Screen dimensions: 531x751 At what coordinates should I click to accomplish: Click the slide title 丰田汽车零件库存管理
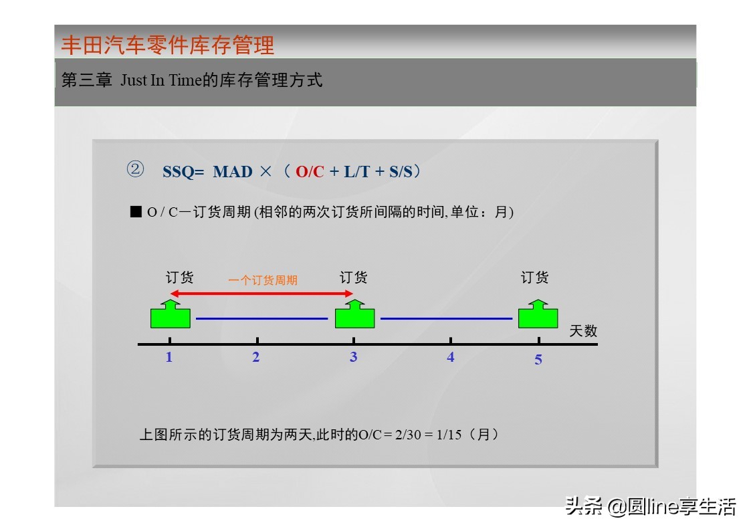tap(168, 45)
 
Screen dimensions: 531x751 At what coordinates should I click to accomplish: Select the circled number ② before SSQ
tap(135, 170)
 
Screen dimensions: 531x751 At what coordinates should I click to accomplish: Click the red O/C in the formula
tap(309, 172)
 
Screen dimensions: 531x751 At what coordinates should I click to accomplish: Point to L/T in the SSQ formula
tap(356, 172)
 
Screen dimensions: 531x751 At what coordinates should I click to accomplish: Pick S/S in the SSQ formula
tap(400, 172)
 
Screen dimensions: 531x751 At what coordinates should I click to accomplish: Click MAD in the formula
tap(233, 172)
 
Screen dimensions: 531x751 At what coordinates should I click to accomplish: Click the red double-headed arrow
tap(261, 293)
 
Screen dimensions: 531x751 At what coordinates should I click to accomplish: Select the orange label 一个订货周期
tap(263, 280)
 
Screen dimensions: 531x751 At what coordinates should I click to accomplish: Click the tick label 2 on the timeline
tap(256, 358)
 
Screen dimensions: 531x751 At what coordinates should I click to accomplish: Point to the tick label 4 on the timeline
tap(451, 358)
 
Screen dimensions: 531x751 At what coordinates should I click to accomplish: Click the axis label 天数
tap(583, 330)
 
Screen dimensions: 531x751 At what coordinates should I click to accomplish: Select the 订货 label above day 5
tap(535, 277)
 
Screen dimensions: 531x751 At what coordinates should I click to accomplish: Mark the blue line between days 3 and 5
tap(446, 319)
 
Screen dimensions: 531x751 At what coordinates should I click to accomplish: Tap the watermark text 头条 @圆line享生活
tap(650, 506)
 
